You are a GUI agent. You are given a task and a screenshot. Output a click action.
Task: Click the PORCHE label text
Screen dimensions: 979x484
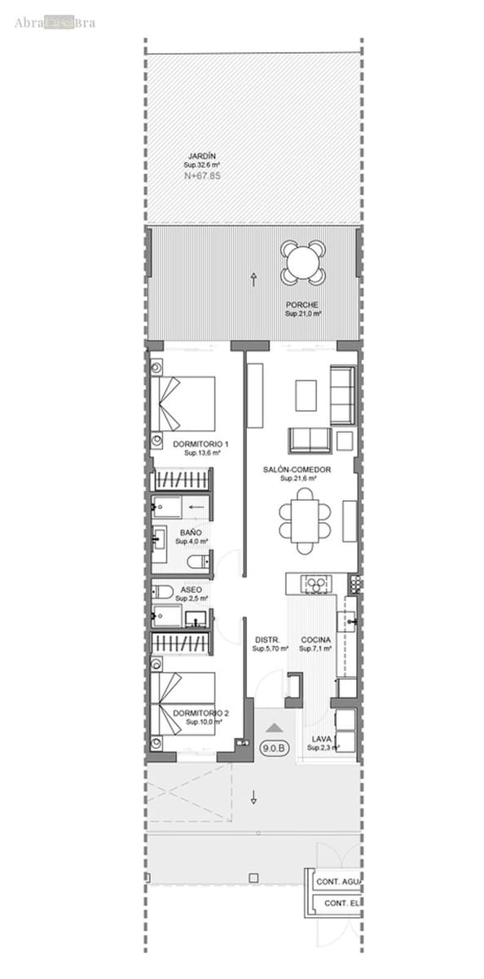tap(302, 305)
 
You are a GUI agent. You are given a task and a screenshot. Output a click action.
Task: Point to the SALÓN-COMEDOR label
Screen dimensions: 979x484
tap(297, 470)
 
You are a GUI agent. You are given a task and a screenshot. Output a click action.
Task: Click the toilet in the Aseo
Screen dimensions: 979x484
tap(161, 591)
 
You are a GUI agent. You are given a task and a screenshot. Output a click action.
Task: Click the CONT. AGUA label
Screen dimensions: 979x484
tap(340, 882)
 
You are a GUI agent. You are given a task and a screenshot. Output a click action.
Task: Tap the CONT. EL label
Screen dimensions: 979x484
tap(341, 904)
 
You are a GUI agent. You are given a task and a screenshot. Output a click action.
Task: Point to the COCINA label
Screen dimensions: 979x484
tap(315, 640)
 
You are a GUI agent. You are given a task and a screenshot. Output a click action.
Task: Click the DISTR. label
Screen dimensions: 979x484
tap(266, 640)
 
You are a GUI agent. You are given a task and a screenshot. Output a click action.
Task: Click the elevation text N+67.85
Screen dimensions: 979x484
tap(202, 175)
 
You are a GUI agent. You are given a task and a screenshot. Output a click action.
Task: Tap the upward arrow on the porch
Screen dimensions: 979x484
tap(255, 280)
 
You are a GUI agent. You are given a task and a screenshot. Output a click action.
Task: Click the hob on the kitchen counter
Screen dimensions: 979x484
tap(315, 583)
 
